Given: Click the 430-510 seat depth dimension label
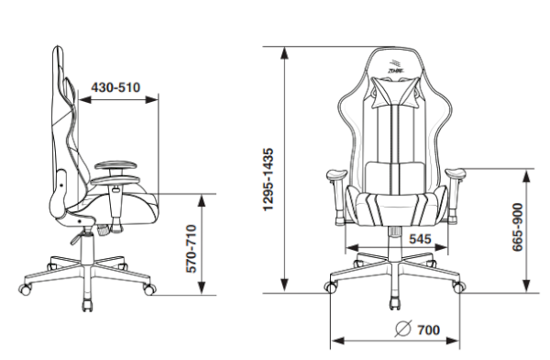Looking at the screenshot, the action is pos(115,87).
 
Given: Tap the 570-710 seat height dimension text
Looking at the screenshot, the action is pos(192,249).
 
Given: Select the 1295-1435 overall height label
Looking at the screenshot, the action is pos(269,179).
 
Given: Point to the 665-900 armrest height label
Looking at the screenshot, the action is pos(518,227).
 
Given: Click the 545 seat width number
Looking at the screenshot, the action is pos(420,239).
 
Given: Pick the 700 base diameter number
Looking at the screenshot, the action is pos(428,330).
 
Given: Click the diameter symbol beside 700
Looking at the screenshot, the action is pos(402,329).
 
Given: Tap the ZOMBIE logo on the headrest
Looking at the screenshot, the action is pos(396,66).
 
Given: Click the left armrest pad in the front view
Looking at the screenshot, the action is pos(336,174).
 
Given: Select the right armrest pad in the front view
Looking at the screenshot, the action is pos(456,174).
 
